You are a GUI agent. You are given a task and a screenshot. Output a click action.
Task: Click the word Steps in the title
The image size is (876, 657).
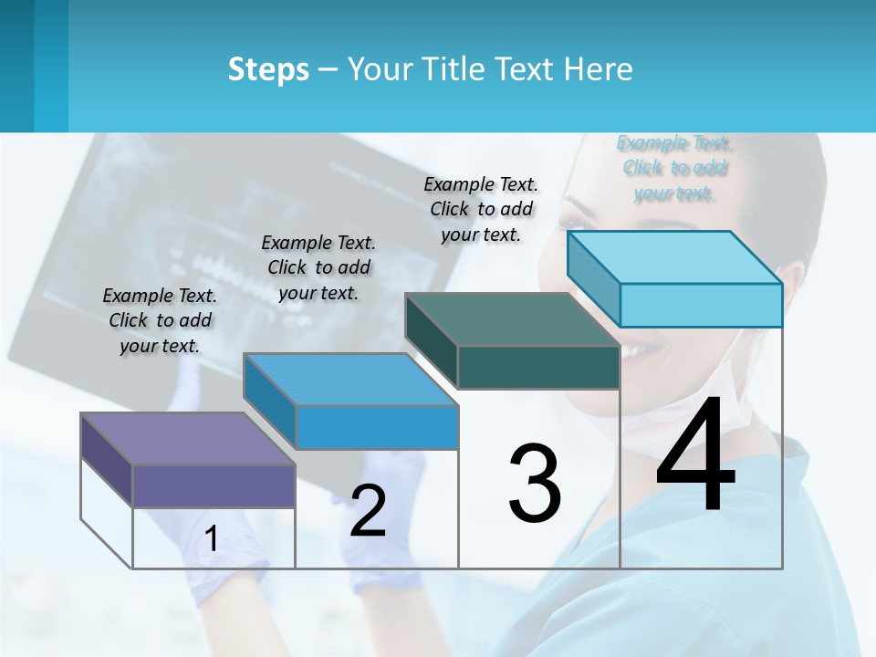pyautogui.click(x=267, y=69)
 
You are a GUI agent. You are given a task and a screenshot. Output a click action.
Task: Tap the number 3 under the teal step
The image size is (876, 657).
pyautogui.click(x=534, y=484)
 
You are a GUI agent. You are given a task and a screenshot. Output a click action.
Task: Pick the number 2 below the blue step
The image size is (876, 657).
pyautogui.click(x=368, y=511)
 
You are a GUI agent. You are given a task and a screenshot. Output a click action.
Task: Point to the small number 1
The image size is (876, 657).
pyautogui.click(x=211, y=539)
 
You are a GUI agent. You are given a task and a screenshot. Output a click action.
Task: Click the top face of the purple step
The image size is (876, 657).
pyautogui.click(x=188, y=438)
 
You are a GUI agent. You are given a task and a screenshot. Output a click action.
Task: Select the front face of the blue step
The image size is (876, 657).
pyautogui.click(x=376, y=427)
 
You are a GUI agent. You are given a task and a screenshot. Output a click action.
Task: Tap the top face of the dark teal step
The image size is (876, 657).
pyautogui.click(x=511, y=319)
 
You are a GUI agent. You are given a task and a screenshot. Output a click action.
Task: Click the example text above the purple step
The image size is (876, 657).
pyautogui.click(x=160, y=320)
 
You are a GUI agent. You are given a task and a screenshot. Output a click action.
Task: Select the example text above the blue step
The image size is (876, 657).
pyautogui.click(x=318, y=267)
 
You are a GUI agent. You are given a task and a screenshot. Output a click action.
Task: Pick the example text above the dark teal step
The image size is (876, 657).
pyautogui.click(x=481, y=209)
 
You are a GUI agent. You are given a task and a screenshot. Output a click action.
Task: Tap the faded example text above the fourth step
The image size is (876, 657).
pyautogui.click(x=674, y=168)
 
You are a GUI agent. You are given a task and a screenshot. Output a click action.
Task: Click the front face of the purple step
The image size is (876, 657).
pyautogui.click(x=214, y=485)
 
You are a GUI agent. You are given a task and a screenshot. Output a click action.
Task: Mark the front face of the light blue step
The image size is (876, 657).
pyautogui.click(x=701, y=305)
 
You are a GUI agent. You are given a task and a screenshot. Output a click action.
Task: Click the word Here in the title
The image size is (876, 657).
pyautogui.click(x=598, y=69)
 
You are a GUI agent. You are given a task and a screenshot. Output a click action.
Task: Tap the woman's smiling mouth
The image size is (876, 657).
pyautogui.click(x=639, y=349)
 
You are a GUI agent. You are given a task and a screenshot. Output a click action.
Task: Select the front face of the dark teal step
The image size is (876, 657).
pyautogui.click(x=538, y=367)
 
